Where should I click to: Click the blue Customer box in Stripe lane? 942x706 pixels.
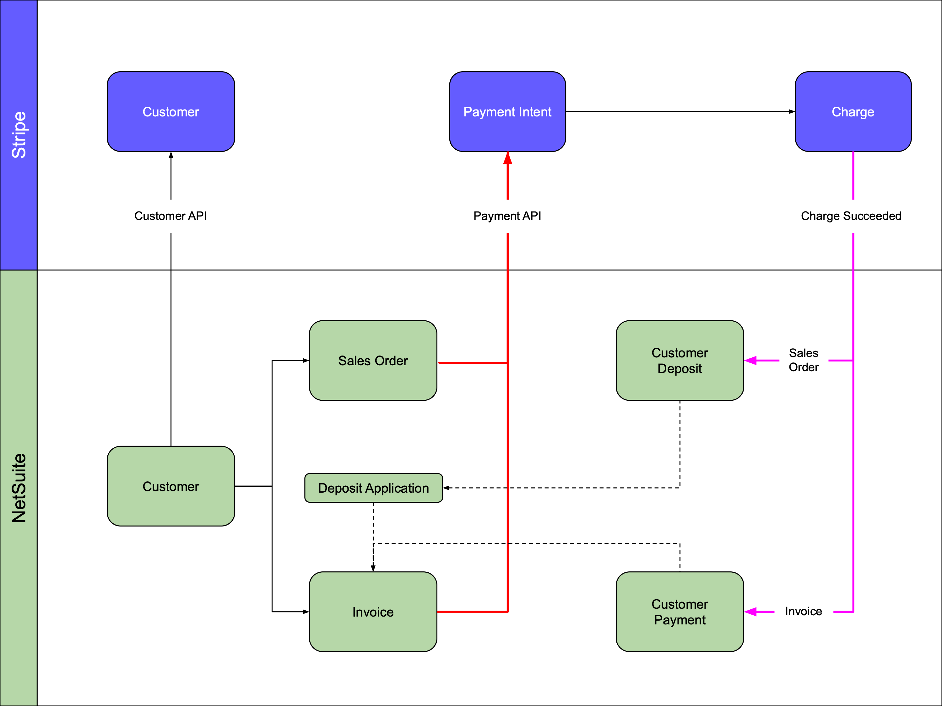coord(171,111)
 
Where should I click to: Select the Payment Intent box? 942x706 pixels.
coord(507,111)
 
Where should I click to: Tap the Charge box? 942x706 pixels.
coord(853,111)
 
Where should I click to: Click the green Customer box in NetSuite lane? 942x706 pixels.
coord(171,486)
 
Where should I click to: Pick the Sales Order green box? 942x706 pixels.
coord(373,361)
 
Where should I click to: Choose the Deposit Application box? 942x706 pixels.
coord(373,488)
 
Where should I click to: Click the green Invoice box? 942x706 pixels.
coord(373,612)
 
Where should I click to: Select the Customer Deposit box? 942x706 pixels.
coord(680,361)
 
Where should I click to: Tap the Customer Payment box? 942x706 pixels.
coord(680,612)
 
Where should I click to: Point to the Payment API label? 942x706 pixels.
coord(507,216)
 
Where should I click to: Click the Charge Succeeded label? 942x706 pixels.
coord(851,216)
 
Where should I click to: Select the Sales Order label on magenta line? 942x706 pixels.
coord(804,360)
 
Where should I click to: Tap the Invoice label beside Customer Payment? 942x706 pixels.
coord(803,611)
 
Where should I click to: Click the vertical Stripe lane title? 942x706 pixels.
coord(19,135)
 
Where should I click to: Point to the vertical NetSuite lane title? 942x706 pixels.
coord(19,488)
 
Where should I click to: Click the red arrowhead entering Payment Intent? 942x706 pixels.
coord(508,158)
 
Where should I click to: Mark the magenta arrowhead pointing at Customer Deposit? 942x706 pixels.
coord(750,361)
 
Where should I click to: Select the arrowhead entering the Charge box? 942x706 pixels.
coord(791,111)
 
